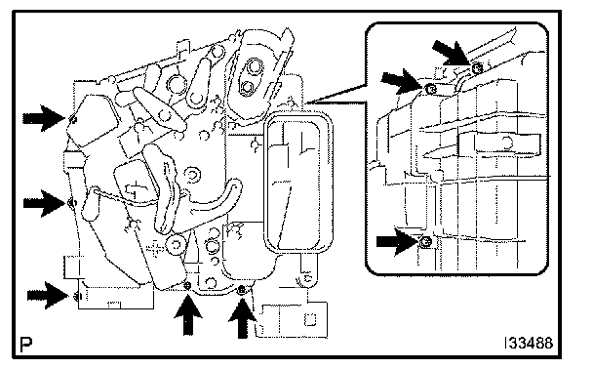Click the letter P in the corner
(25, 344)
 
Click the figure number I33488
(529, 344)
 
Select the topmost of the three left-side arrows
(44, 118)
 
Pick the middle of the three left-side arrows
(44, 203)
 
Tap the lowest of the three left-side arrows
(48, 295)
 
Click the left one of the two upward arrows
(188, 315)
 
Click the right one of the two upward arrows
(243, 318)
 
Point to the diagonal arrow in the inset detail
(452, 53)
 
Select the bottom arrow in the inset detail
(398, 241)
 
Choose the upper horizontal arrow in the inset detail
(401, 81)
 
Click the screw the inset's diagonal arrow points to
(478, 68)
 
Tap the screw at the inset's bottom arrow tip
(426, 241)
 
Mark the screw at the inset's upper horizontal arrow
(430, 89)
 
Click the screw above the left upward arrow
(187, 286)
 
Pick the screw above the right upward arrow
(242, 290)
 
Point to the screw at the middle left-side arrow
(71, 203)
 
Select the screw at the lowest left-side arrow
(77, 296)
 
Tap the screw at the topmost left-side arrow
(73, 120)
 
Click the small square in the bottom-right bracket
(310, 320)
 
